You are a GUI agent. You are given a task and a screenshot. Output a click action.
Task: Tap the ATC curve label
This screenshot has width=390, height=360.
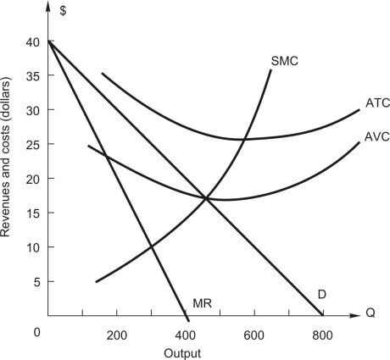point(377,103)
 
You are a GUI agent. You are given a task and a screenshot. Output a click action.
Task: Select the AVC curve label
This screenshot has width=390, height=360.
point(377,135)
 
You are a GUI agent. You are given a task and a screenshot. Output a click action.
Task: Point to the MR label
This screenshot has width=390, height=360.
point(203,302)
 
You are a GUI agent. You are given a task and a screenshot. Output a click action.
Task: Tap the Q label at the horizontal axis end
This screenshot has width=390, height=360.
point(370,313)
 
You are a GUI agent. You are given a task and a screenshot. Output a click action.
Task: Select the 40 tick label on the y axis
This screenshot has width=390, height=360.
point(32,42)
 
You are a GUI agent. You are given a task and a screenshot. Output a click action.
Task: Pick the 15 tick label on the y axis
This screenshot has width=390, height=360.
point(32,213)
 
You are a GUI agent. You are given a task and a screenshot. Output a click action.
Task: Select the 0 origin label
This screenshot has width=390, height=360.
point(37,331)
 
